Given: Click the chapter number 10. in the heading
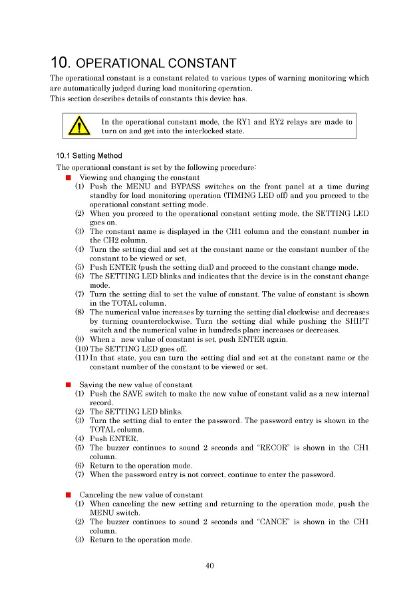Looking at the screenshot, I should click(61, 63).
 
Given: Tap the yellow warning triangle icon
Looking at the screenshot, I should click(79, 125).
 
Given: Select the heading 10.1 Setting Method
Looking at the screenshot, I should click(89, 156).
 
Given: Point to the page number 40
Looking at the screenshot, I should click(210, 566).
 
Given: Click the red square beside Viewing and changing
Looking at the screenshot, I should click(69, 178).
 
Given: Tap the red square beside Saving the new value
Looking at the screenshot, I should click(69, 385).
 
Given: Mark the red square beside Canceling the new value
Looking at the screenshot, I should click(69, 495).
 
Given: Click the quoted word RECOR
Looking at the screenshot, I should click(276, 448).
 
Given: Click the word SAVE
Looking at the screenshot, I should click(132, 394).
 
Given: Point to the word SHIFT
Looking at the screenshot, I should click(356, 321).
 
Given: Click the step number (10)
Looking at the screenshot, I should click(82, 348).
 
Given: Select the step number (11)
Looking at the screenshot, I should click(82, 358).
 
